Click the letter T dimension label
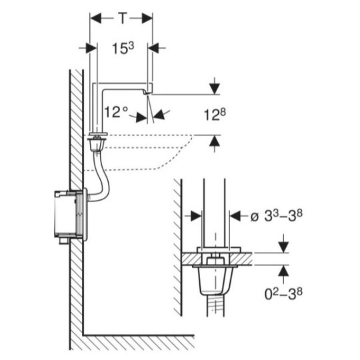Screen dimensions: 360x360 click(123, 18)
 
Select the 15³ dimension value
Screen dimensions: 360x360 click(123, 49)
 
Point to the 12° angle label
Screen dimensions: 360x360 click(116, 112)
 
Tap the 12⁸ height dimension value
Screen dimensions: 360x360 click(215, 115)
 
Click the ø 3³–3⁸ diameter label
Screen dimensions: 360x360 click(276, 216)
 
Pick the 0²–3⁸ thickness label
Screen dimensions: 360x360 click(283, 293)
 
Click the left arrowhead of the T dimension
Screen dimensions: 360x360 click(95, 18)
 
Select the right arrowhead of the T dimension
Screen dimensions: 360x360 click(147, 18)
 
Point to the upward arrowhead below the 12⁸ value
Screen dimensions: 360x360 click(215, 141)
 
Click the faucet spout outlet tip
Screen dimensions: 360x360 click(147, 93)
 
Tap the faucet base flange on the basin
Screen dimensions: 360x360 click(99, 134)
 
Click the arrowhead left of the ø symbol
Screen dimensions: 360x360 click(196, 216)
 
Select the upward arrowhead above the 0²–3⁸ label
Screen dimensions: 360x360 click(284, 271)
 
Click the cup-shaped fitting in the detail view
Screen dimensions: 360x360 click(215, 280)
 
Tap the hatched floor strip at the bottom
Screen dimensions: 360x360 click(139, 343)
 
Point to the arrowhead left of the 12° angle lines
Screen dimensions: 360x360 click(141, 117)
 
